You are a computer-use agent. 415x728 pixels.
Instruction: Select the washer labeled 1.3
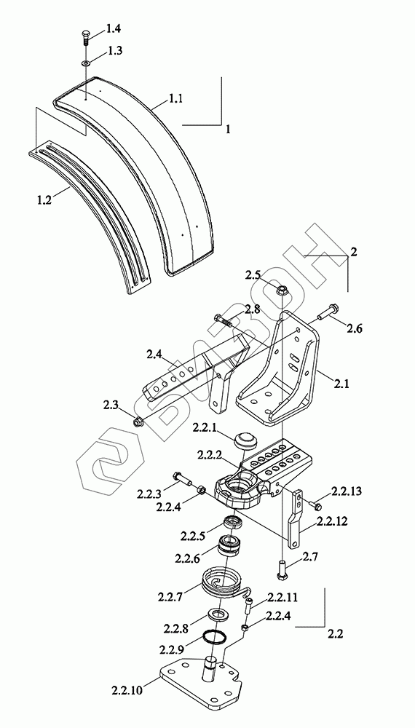pos(86,62)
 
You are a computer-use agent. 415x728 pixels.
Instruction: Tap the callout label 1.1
pos(175,98)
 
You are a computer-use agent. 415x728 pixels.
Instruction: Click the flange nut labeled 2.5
pos(281,290)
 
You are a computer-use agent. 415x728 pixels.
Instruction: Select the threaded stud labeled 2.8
pos(224,320)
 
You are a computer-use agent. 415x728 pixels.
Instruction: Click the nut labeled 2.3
pos(138,422)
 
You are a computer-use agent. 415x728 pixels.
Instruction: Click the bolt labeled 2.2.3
pos(183,478)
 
